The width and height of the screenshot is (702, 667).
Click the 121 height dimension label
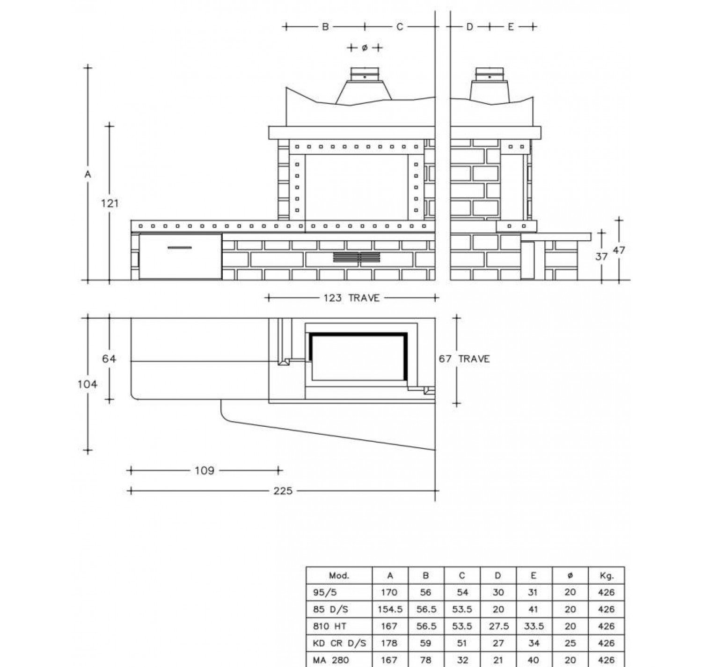(110, 203)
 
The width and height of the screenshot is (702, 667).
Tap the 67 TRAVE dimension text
(464, 359)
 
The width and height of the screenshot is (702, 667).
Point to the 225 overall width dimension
(283, 491)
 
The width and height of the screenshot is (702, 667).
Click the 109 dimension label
(204, 470)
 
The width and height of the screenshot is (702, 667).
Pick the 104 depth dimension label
(88, 384)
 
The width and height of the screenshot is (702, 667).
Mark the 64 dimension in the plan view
(109, 359)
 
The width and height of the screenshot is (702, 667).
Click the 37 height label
(602, 256)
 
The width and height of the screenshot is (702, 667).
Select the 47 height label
(619, 250)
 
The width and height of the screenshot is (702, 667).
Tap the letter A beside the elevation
(88, 174)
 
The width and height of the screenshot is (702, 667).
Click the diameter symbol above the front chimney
(365, 48)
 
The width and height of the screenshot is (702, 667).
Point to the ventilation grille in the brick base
(357, 257)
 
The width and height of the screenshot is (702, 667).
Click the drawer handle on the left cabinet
(180, 247)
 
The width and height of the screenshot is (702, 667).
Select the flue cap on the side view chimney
(490, 74)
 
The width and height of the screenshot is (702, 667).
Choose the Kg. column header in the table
(606, 575)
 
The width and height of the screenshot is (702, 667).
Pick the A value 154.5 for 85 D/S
(390, 610)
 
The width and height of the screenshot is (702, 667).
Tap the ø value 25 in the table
(570, 643)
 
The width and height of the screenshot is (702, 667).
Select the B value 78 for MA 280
(426, 660)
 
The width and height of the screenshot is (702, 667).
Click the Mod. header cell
(339, 575)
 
